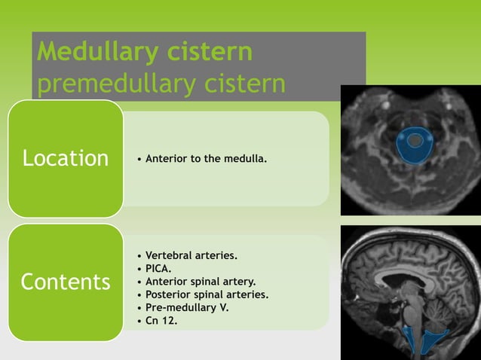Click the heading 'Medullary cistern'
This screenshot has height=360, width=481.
coord(145,52)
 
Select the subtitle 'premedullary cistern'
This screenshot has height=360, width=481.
coord(161,84)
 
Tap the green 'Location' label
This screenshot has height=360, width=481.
coord(66,158)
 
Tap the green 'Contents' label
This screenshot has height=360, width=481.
coord(66,282)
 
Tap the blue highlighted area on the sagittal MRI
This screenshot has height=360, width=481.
coord(427,340)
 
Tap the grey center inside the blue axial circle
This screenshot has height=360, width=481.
coord(414,141)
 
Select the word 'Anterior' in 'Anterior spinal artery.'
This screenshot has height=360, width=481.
coord(166,282)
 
